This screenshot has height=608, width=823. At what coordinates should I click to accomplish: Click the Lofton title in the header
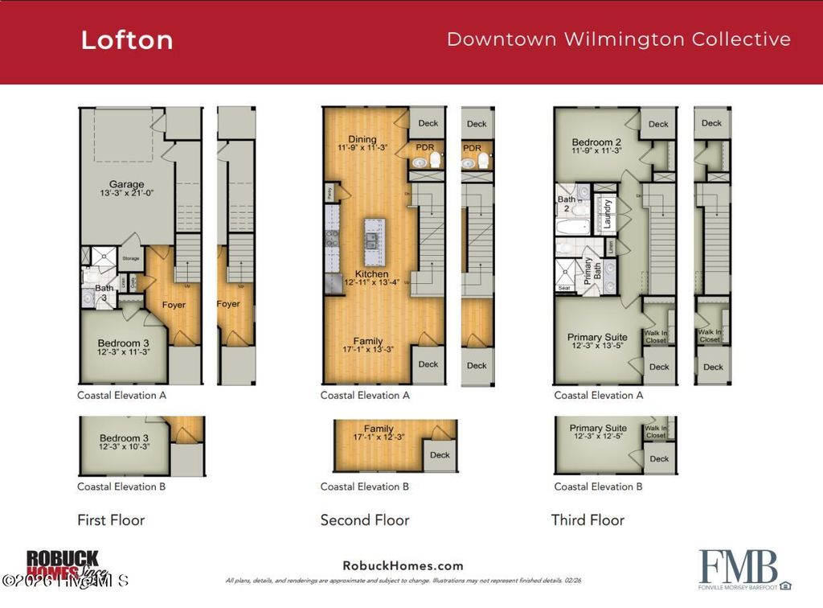127,40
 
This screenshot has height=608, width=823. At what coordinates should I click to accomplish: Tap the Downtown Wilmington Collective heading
618,39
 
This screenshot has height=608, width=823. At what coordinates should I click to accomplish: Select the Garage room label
127,184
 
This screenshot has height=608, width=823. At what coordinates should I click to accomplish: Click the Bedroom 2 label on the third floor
596,142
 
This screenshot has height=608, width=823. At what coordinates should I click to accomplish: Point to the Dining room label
362,139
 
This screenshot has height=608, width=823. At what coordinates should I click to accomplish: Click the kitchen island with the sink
372,241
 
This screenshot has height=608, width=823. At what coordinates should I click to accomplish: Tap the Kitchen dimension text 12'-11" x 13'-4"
372,283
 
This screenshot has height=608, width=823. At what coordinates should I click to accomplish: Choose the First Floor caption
111,520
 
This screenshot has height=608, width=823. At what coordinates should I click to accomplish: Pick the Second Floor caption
365,520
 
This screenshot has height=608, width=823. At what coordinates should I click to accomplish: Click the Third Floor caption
588,520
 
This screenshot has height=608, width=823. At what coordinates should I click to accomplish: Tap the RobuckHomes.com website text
403,565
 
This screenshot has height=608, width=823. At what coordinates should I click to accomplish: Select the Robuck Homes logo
63,564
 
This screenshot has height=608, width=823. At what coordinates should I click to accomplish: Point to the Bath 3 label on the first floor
104,292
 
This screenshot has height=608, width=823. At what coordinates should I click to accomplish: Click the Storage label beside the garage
129,258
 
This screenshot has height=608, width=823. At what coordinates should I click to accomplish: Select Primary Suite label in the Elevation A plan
597,337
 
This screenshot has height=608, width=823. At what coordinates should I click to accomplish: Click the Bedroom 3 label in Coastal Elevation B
124,438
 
